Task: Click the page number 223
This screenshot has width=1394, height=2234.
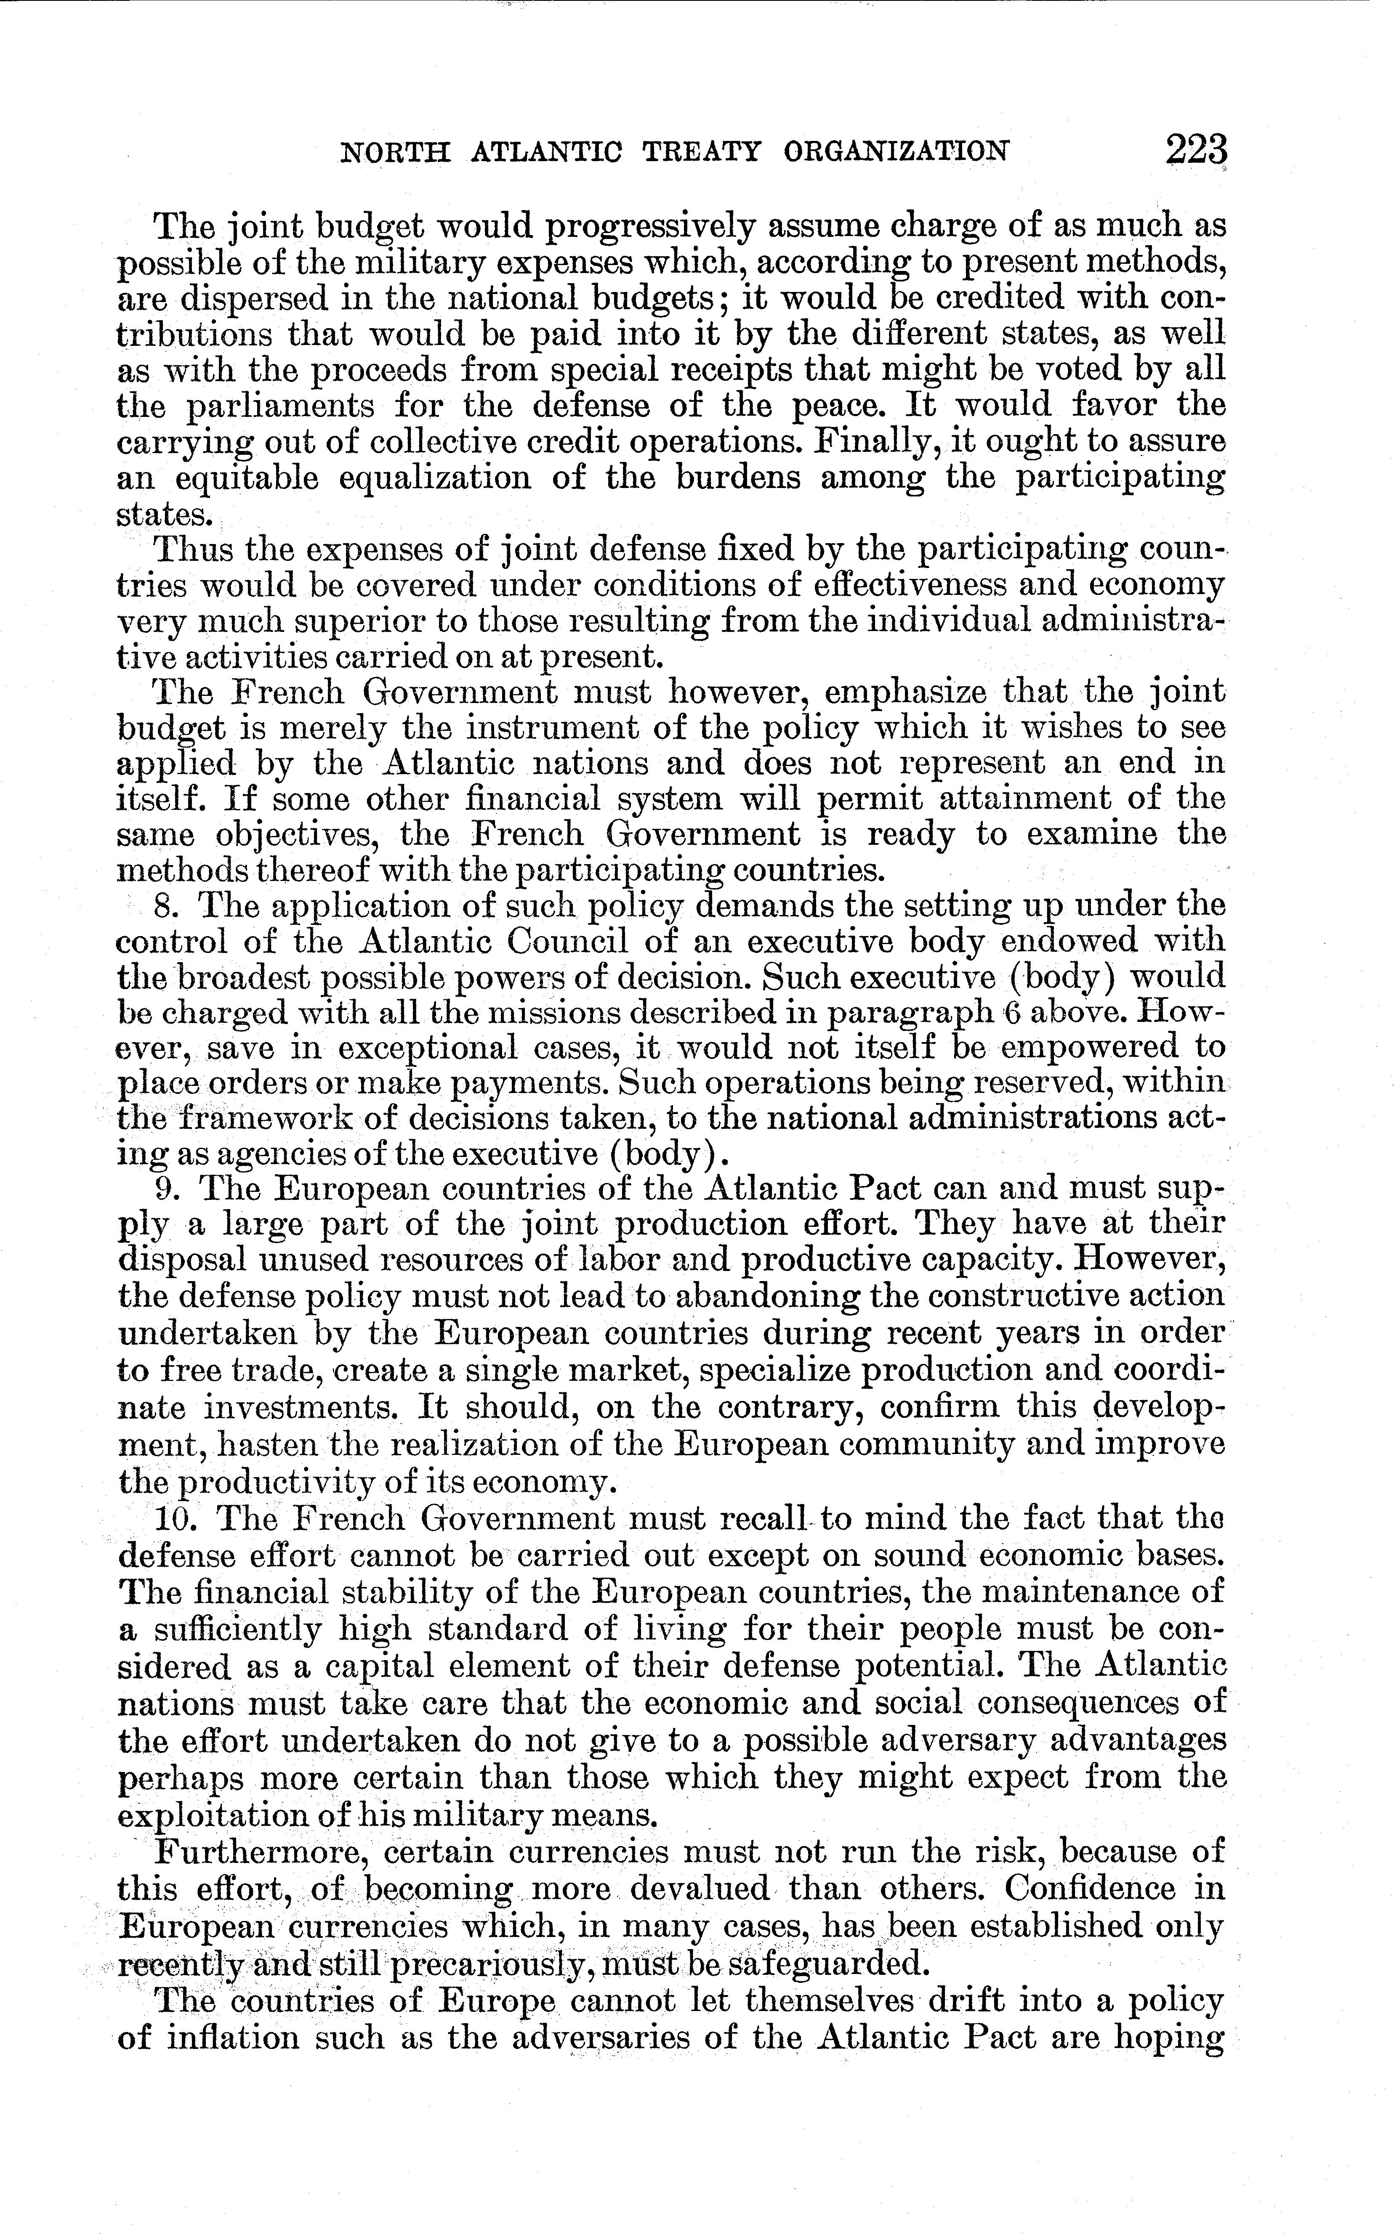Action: pyautogui.click(x=1196, y=149)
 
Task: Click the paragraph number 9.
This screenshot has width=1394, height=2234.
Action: pyautogui.click(x=166, y=1187)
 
